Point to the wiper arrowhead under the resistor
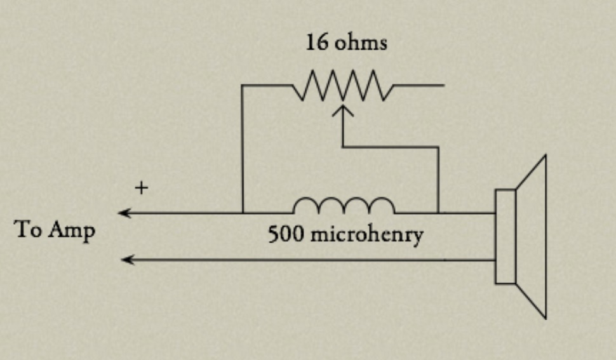tap(343, 110)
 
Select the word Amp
tap(72, 230)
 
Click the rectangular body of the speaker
tap(506, 236)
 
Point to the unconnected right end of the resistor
tap(443, 85)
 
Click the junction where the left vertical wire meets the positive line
tap(243, 213)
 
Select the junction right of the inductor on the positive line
tap(438, 213)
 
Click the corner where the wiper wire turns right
tap(343, 147)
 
